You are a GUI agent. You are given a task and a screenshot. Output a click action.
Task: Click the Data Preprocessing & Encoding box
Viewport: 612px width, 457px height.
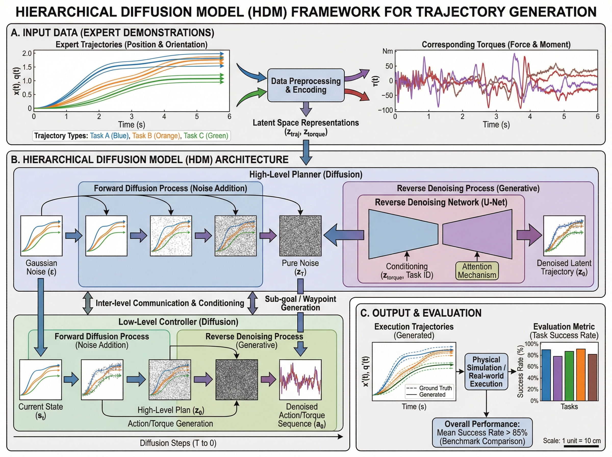click(x=305, y=85)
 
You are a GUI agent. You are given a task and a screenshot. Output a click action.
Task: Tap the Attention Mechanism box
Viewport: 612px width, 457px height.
click(x=477, y=271)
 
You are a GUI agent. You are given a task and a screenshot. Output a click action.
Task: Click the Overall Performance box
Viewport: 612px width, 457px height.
click(x=482, y=432)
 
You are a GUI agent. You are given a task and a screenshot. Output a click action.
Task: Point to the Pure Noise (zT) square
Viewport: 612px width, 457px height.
click(x=300, y=236)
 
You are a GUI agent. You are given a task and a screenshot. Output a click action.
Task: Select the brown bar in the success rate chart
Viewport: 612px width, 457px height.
click(x=592, y=377)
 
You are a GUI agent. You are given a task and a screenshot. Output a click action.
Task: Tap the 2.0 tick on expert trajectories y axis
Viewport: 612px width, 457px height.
click(x=27, y=53)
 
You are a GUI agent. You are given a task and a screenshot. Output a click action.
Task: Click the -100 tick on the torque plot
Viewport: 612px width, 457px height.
click(x=385, y=110)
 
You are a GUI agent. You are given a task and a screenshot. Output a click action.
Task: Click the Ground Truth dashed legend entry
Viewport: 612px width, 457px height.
click(x=429, y=388)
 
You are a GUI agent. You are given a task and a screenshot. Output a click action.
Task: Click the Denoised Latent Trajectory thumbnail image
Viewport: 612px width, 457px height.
click(x=564, y=236)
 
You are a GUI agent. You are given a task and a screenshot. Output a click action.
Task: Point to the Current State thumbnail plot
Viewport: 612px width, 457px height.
click(x=41, y=379)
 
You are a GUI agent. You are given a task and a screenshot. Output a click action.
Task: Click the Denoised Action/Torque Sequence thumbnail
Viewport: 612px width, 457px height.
click(x=300, y=379)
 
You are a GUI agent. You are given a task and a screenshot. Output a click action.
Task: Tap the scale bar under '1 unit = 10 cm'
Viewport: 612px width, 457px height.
click(x=582, y=446)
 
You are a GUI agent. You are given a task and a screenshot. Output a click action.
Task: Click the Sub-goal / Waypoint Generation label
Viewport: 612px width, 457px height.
click(x=300, y=303)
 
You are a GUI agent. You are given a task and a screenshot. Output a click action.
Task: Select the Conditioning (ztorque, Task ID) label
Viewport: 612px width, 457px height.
click(x=406, y=271)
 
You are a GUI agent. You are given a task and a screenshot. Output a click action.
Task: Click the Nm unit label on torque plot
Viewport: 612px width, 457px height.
click(x=387, y=52)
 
